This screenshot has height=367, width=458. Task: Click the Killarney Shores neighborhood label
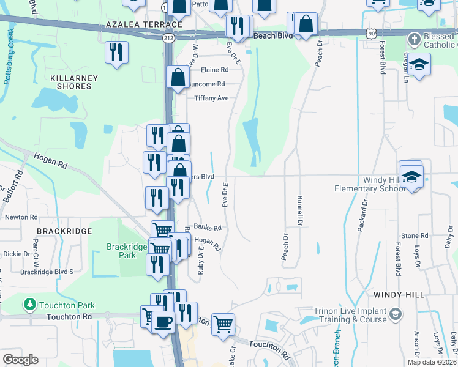click(71, 83)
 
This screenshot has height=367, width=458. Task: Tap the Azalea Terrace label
click(144, 24)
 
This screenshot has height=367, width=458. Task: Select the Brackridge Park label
click(127, 251)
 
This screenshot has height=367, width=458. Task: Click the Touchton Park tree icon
click(29, 304)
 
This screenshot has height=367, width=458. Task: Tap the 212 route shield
click(168, 38)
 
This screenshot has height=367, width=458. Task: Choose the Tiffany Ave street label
click(211, 98)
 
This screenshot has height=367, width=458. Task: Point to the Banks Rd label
click(207, 227)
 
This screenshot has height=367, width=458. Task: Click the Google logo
click(20, 360)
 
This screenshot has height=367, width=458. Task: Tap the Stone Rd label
click(415, 235)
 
